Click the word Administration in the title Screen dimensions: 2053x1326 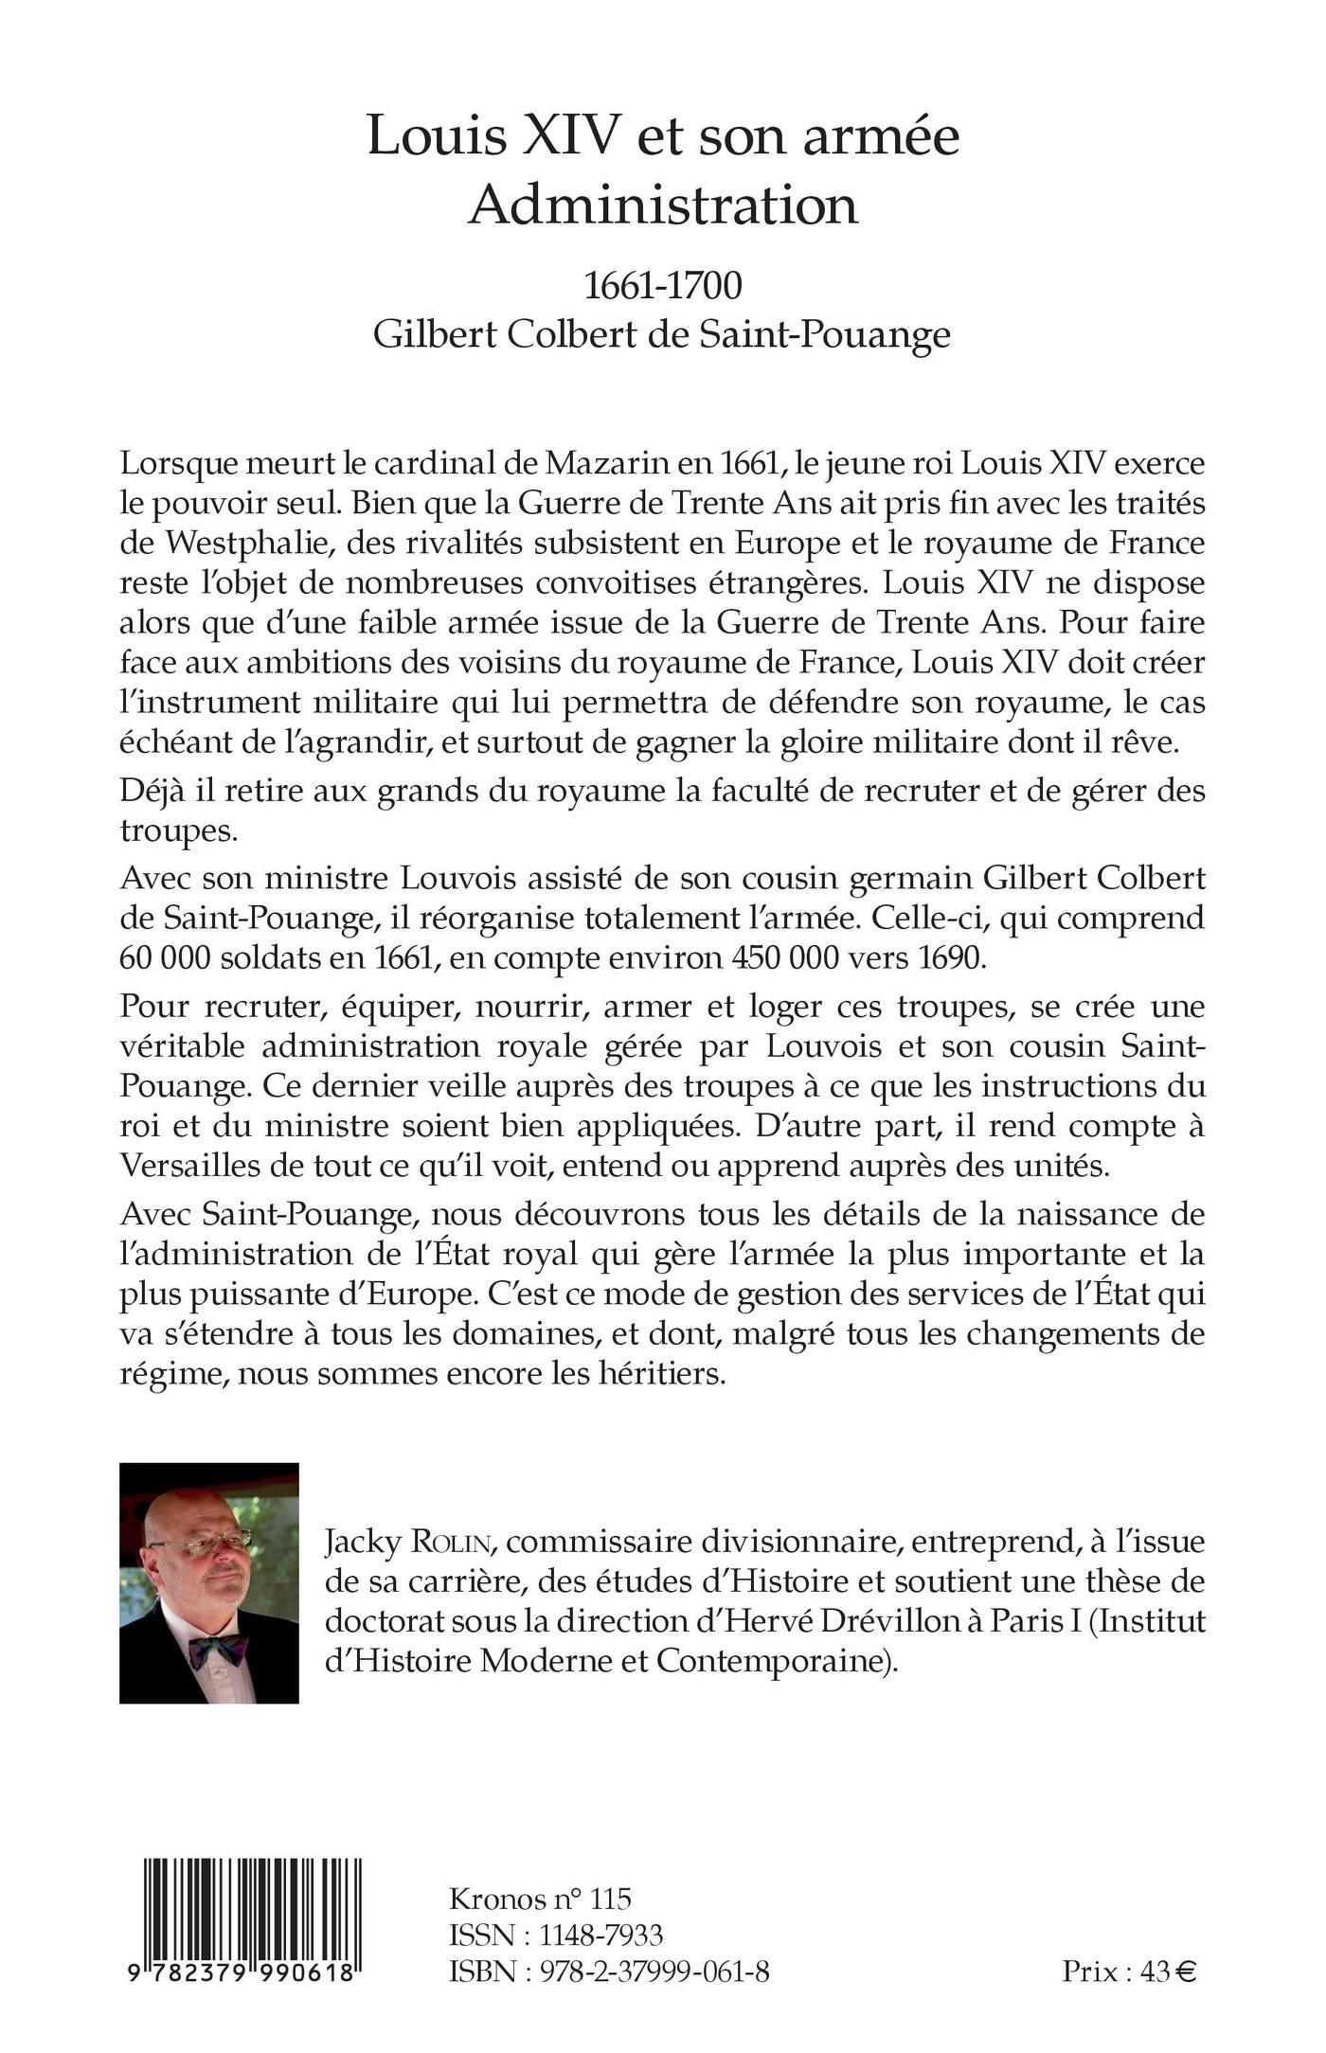pos(663,205)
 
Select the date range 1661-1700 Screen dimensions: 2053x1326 pos(662,286)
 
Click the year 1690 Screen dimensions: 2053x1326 pos(949,958)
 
